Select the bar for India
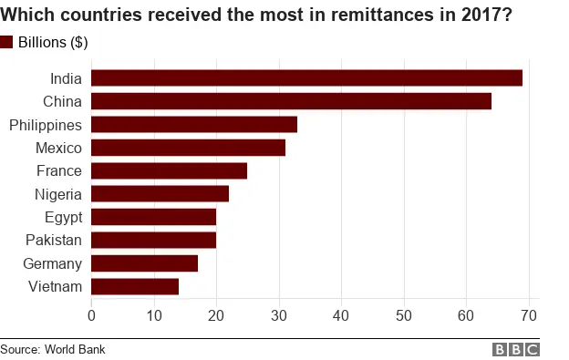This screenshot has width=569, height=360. click(306, 78)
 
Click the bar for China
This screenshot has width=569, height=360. click(291, 101)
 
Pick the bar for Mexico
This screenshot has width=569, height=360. click(188, 148)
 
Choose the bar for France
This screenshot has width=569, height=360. click(169, 170)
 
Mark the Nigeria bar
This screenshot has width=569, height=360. click(160, 194)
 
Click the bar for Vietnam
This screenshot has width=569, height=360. click(135, 286)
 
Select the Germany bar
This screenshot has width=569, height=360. click(144, 263)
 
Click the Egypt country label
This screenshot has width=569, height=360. click(63, 217)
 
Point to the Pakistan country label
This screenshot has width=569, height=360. click(54, 241)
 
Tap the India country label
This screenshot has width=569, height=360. click(67, 78)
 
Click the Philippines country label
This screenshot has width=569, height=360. click(46, 125)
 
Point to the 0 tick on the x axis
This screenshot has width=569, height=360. click(91, 315)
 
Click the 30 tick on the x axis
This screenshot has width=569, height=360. click(278, 315)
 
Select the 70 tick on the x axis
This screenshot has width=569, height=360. click(528, 315)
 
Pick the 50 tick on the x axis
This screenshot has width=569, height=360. click(403, 315)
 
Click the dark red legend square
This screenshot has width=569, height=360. click(7, 42)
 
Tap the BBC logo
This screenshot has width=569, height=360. click(516, 350)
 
